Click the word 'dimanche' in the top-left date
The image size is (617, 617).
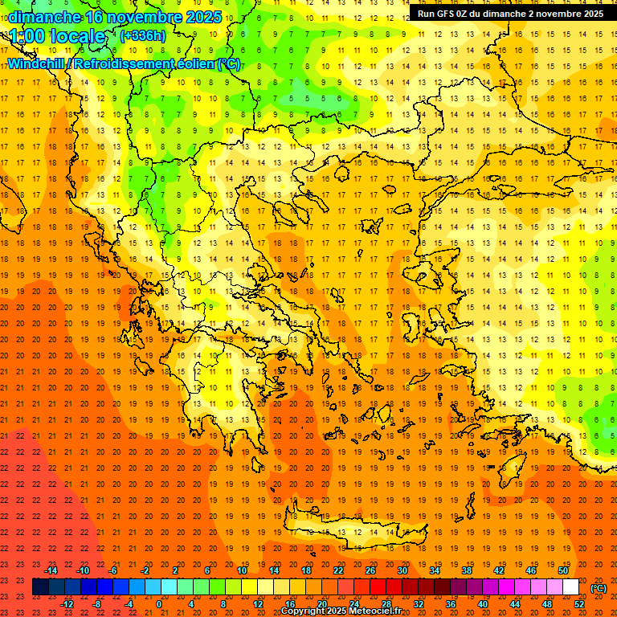point(43,17)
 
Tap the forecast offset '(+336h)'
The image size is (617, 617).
point(143,36)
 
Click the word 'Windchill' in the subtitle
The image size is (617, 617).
point(38,63)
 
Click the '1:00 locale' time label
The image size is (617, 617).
point(58,37)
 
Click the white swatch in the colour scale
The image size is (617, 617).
point(571,587)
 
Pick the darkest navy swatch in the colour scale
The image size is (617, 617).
point(40,587)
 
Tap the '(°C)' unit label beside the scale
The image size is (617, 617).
point(599,588)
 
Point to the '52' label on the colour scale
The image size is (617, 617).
point(579,604)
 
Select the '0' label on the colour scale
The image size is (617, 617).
point(159,604)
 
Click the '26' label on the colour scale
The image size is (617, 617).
point(370,570)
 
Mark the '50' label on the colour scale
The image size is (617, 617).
point(562,570)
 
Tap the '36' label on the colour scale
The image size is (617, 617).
point(450,604)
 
